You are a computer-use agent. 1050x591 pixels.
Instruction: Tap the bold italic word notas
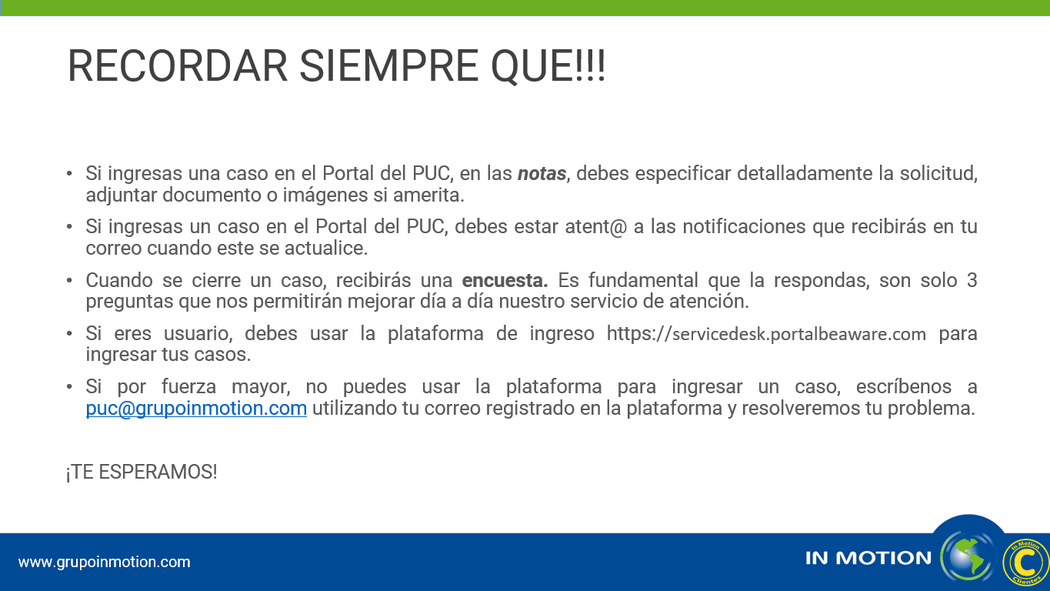point(542,174)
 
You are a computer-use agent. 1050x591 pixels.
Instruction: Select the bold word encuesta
point(505,280)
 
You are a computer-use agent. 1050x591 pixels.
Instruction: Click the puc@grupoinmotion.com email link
point(196,408)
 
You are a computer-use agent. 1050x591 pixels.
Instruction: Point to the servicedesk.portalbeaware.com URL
point(766,334)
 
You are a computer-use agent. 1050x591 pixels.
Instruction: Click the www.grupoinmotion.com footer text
point(105,562)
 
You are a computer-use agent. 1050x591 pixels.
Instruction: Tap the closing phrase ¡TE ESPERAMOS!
point(142,472)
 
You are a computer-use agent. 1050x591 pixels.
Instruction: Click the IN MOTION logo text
point(868,558)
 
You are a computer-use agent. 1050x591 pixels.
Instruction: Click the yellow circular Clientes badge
point(1025,562)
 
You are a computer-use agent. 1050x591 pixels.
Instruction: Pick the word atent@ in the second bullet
point(596,226)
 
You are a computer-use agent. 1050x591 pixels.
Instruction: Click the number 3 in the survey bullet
point(972,280)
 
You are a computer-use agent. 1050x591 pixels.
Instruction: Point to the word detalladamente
point(805,174)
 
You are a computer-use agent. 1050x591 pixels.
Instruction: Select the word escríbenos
point(904,387)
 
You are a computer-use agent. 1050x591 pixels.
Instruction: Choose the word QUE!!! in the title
point(548,67)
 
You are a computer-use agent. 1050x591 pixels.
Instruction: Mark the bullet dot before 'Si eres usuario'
point(69,334)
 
